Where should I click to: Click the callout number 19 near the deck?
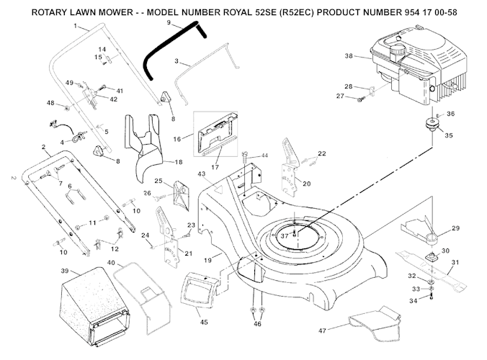click(207, 257)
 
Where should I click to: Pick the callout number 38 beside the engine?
click(349, 55)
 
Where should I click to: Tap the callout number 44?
click(264, 155)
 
